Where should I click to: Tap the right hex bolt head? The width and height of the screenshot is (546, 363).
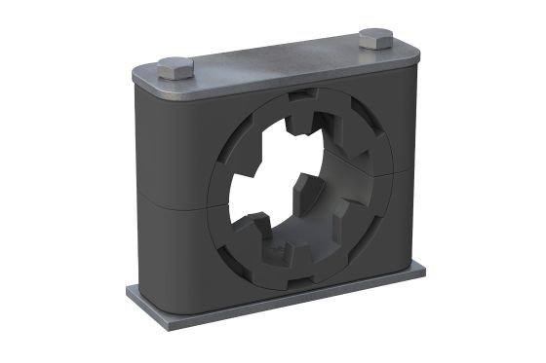[374, 40]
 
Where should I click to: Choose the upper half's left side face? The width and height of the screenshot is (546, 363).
[141, 136]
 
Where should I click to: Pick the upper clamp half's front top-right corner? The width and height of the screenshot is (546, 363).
[408, 78]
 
